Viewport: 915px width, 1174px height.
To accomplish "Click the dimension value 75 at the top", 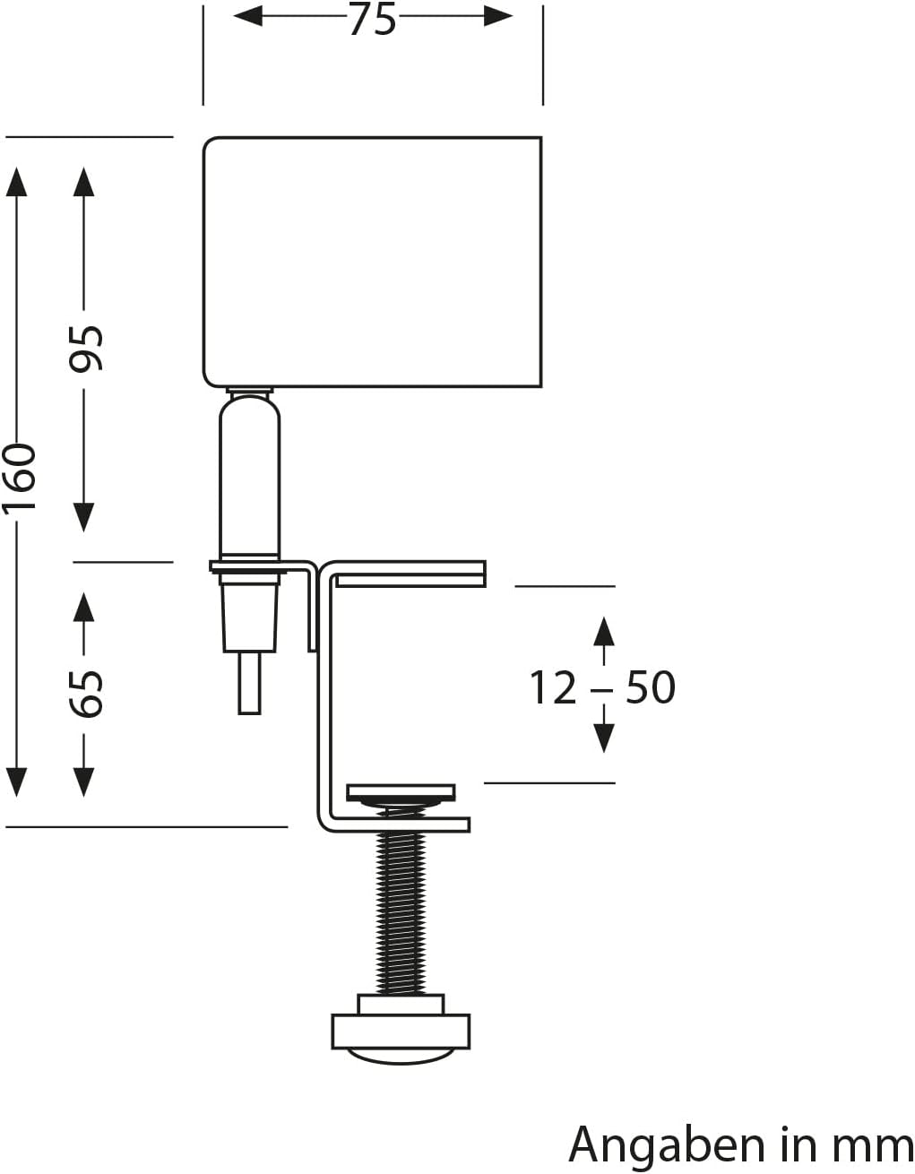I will pyautogui.click(x=372, y=20).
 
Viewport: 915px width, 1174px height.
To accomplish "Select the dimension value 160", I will pyautogui.click(x=20, y=476).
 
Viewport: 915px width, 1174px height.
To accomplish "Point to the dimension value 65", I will pyautogui.click(x=88, y=693).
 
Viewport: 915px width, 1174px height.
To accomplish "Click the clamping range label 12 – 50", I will pyautogui.click(x=601, y=688).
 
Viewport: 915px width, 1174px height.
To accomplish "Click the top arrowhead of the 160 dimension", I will pyautogui.click(x=16, y=181).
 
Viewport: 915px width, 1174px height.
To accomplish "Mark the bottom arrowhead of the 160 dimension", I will pyautogui.click(x=16, y=781).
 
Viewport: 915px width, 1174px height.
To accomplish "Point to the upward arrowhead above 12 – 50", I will pyautogui.click(x=604, y=631).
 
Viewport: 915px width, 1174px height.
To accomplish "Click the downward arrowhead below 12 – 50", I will pyautogui.click(x=604, y=738).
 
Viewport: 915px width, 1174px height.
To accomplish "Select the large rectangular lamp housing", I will pyautogui.click(x=373, y=262).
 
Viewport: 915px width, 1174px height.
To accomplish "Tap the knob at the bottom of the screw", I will pyautogui.click(x=401, y=1031).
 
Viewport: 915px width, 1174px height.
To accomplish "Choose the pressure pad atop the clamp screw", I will pyautogui.click(x=401, y=792).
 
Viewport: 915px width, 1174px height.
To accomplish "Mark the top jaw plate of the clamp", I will pyautogui.click(x=408, y=574).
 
